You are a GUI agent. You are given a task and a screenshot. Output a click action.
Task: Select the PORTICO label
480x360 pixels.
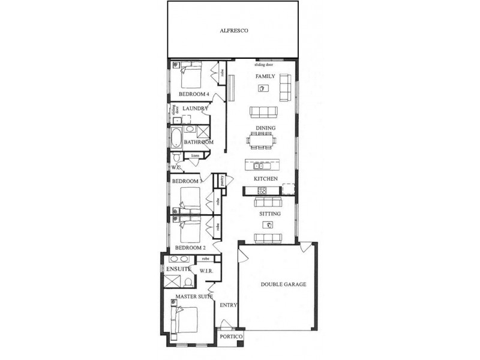(x=231, y=337)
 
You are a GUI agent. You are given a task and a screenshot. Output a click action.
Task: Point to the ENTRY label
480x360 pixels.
(x=229, y=305)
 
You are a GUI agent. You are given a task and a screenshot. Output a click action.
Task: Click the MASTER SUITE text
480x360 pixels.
(x=194, y=296)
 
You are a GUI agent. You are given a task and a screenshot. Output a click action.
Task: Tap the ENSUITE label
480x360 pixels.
(x=179, y=269)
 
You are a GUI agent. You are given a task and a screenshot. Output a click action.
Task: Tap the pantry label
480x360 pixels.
(x=221, y=179)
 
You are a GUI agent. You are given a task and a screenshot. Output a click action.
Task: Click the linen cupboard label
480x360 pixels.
(x=195, y=155)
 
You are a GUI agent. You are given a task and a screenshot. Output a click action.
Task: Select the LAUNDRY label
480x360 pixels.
(x=195, y=109)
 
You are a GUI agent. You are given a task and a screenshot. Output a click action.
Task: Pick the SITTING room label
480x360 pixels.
(x=270, y=214)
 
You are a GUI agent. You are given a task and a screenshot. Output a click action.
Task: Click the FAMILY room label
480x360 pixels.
(x=265, y=77)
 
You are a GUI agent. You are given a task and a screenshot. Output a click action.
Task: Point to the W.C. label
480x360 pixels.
(x=176, y=167)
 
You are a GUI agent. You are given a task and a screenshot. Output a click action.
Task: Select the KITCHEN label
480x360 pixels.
(x=265, y=179)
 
